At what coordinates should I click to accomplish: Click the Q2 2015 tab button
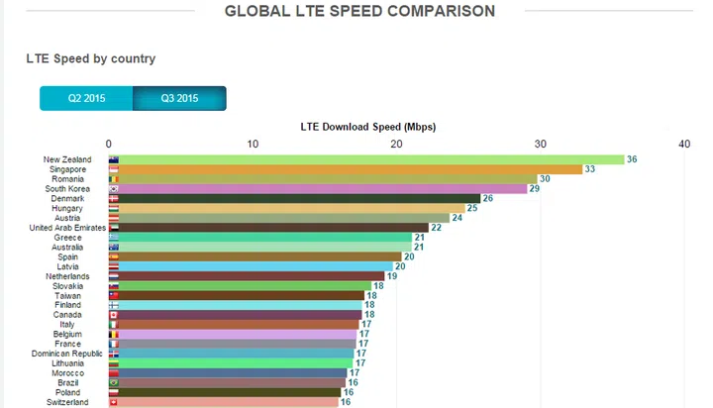pos(87,98)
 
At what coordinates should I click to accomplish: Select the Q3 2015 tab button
pos(179,98)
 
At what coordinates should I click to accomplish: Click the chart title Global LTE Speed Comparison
pos(359,12)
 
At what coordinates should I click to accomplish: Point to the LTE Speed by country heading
pos(91,58)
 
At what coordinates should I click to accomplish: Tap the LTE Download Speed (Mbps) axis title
pos(367,127)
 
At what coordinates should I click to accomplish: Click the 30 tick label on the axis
pos(540,144)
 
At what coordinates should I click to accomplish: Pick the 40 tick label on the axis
pos(683,144)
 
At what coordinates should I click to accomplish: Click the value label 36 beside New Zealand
pos(632,159)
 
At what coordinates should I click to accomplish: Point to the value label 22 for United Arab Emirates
pos(436,227)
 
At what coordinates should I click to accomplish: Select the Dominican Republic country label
pos(67,354)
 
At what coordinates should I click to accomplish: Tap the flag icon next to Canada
pos(114,315)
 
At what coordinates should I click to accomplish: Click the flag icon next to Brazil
pos(114,382)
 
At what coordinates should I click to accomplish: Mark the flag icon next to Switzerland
pos(114,402)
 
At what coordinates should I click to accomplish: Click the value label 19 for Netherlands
pos(392,275)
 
